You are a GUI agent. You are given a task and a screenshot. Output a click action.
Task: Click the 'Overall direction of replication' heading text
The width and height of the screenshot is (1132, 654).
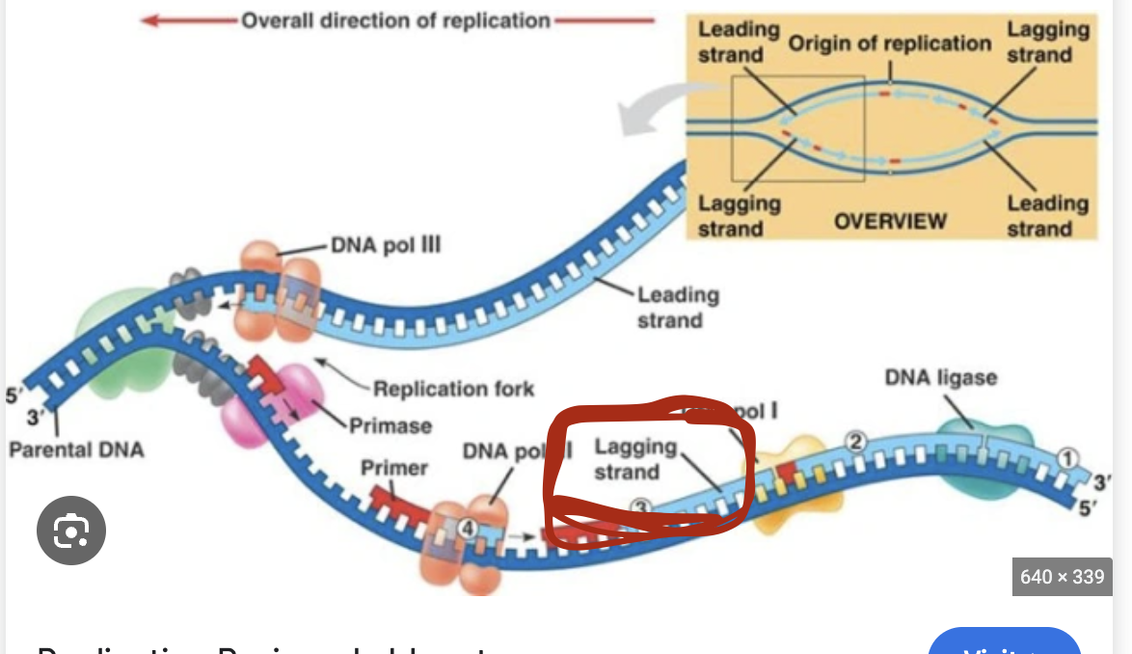pyautogui.click(x=395, y=20)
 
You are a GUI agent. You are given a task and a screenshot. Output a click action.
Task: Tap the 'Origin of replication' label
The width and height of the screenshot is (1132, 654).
pyautogui.click(x=889, y=43)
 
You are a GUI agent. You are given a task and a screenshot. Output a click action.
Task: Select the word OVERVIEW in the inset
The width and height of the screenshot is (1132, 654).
pyautogui.click(x=890, y=221)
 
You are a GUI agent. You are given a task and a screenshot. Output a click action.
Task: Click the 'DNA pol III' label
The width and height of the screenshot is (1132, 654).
pyautogui.click(x=386, y=244)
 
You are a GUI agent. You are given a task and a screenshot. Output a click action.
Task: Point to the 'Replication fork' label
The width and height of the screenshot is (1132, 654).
pyautogui.click(x=453, y=389)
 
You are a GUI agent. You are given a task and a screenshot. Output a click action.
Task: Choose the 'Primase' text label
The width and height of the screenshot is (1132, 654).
pyautogui.click(x=391, y=424)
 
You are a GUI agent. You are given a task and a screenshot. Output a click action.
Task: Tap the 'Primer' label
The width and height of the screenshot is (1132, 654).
pyautogui.click(x=393, y=468)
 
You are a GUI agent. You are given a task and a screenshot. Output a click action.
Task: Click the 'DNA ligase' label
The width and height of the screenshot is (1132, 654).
pyautogui.click(x=940, y=377)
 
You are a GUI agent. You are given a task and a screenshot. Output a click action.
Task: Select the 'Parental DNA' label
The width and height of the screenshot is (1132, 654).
pyautogui.click(x=76, y=450)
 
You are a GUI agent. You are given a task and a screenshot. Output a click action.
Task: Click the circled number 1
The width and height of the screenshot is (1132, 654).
pyautogui.click(x=1066, y=457)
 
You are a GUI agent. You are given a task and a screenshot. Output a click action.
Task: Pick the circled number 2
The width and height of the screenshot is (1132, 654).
pyautogui.click(x=855, y=442)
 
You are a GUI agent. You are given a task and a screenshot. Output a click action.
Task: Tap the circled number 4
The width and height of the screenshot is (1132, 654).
pyautogui.click(x=467, y=528)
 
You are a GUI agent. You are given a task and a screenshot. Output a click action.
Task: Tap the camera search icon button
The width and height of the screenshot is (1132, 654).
pyautogui.click(x=71, y=530)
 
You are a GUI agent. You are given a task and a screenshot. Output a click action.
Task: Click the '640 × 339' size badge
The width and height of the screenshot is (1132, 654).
pyautogui.click(x=1062, y=577)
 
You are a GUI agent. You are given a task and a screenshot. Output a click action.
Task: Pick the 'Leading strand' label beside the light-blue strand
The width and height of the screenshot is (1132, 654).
pyautogui.click(x=678, y=307)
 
